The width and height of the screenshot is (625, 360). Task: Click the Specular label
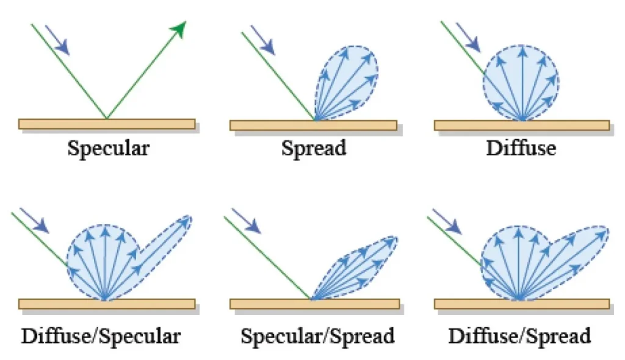[x=108, y=148]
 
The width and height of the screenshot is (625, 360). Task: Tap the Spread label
[x=314, y=148]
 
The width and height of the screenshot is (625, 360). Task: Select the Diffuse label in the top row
[x=521, y=148]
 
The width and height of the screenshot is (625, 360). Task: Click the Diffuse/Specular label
[x=101, y=336]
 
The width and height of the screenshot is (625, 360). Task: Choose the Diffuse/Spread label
[x=520, y=336]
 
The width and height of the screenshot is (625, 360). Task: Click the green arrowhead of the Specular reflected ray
[x=179, y=28]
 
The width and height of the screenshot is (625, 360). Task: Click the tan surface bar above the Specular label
[x=107, y=124]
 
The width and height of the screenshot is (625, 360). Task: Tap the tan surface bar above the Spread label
[x=313, y=125]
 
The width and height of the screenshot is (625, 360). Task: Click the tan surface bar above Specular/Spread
[x=315, y=304]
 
